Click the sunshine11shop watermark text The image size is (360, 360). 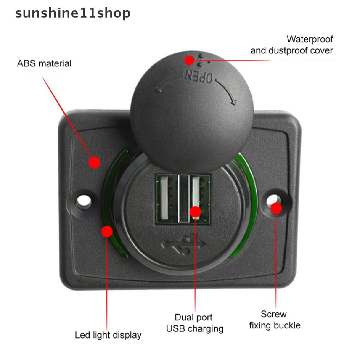pyautogui.click(x=73, y=13)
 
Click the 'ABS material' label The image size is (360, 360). pyautogui.click(x=44, y=64)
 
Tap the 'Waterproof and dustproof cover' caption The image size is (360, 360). pyautogui.click(x=291, y=45)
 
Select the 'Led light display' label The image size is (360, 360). pyautogui.click(x=108, y=335)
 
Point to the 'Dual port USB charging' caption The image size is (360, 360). pyautogui.click(x=194, y=323)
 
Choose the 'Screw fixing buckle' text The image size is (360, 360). pyautogui.click(x=275, y=320)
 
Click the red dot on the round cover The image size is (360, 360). pyautogui.click(x=190, y=60)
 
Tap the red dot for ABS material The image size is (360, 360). pyautogui.click(x=94, y=162)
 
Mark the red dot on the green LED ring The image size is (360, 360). pyautogui.click(x=107, y=231)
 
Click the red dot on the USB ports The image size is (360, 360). pyautogui.click(x=195, y=212)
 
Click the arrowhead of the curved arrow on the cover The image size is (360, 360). pyautogui.click(x=232, y=102)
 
